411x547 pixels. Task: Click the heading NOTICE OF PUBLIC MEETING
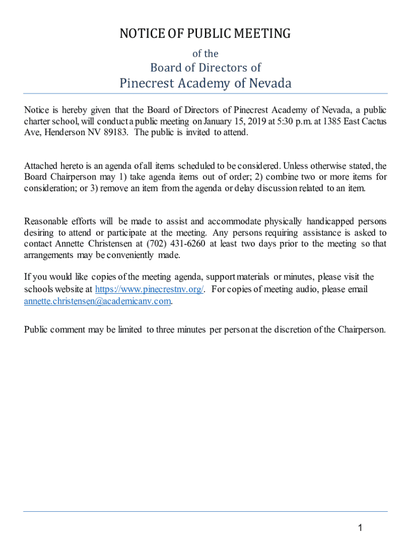point(205,34)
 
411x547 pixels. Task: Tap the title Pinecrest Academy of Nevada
point(205,83)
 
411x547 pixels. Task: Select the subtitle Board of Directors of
point(205,67)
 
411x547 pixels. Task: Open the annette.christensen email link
point(98,301)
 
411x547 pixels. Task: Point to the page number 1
point(360,528)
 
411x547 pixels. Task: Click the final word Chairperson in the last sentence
point(361,329)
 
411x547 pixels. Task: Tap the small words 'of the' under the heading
point(205,53)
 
